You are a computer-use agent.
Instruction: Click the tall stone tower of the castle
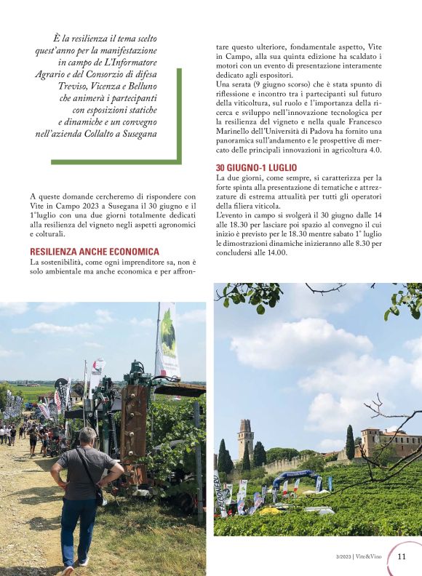pos(246,438)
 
